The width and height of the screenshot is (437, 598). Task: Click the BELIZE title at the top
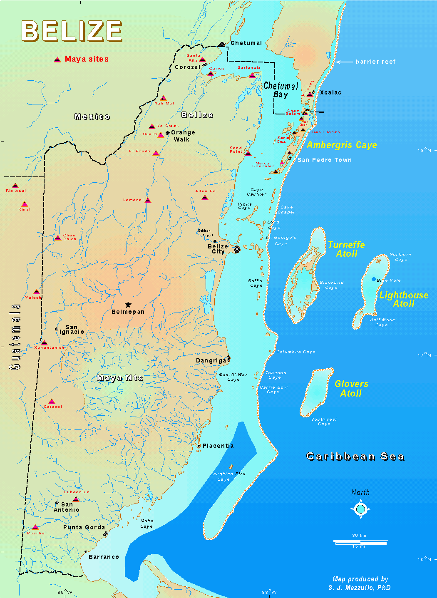click(x=72, y=31)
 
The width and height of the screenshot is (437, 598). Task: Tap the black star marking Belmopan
click(x=128, y=305)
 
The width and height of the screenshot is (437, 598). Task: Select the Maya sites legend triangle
click(x=57, y=60)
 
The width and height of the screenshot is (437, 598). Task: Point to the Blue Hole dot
click(x=374, y=279)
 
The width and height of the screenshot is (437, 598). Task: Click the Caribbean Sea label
click(x=355, y=457)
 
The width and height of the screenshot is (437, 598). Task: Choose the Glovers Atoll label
click(x=351, y=389)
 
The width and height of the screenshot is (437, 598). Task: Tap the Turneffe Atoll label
click(x=346, y=249)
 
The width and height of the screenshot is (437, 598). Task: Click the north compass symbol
click(x=360, y=509)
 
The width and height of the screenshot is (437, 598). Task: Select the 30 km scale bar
click(x=360, y=542)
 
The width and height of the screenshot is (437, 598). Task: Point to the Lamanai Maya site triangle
click(x=148, y=201)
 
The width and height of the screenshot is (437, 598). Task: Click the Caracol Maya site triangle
click(x=52, y=402)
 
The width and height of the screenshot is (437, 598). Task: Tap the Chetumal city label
click(x=246, y=43)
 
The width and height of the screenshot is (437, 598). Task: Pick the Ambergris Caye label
click(x=342, y=145)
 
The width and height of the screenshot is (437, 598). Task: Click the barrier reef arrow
click(x=344, y=62)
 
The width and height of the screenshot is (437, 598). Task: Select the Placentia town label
click(x=218, y=446)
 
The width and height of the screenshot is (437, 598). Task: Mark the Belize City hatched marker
click(x=237, y=249)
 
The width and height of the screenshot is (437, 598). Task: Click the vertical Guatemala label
click(x=15, y=337)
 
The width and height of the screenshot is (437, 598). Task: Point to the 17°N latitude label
click(x=424, y=355)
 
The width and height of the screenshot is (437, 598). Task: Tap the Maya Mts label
click(x=120, y=378)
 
